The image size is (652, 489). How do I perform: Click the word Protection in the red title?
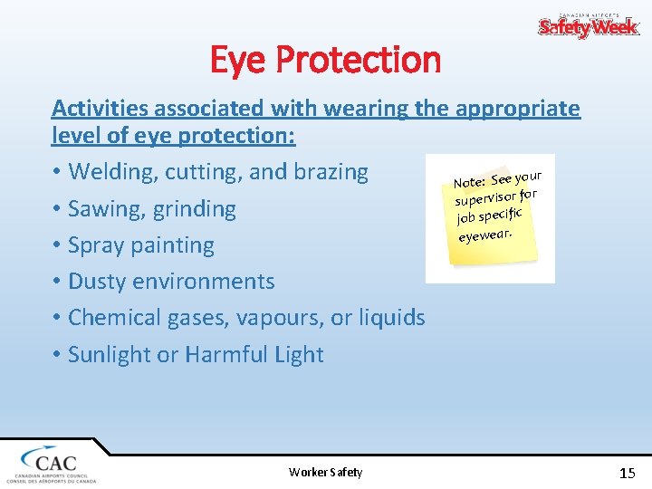[x=358, y=61]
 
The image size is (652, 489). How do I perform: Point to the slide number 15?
[x=627, y=472]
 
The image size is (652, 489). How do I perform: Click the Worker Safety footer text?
[x=325, y=472]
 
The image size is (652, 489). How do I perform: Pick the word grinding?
[x=195, y=209]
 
